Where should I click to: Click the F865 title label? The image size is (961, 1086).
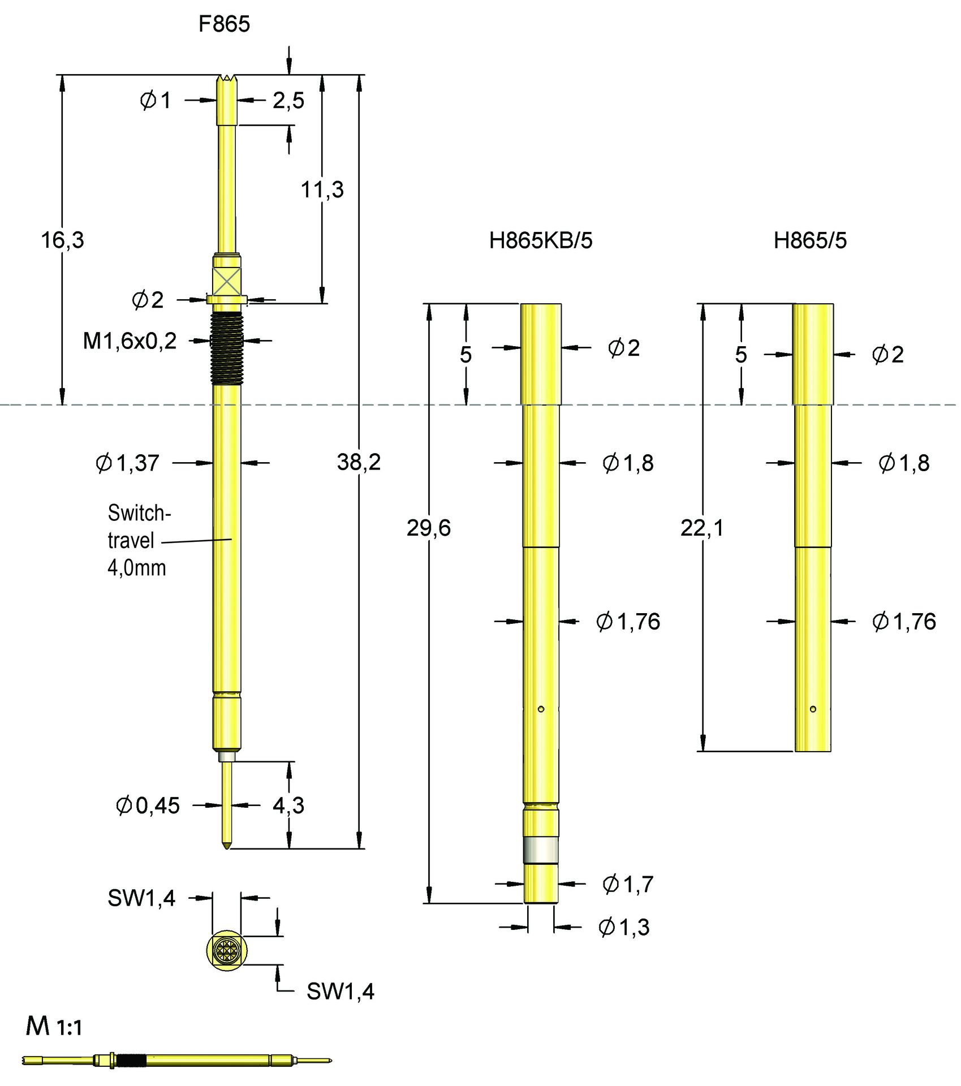click(224, 24)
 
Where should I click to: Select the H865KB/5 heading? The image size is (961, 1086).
click(540, 240)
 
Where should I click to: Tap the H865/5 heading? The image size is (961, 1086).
click(809, 240)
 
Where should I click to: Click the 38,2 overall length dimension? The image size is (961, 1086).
click(359, 462)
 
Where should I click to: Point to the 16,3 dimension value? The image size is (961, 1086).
click(62, 240)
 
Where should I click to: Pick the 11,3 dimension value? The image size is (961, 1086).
click(322, 189)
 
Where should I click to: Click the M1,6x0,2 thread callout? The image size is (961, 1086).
click(130, 341)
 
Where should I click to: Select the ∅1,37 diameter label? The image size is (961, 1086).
click(127, 463)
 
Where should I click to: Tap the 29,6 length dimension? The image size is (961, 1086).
click(429, 528)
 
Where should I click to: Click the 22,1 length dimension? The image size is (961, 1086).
click(702, 528)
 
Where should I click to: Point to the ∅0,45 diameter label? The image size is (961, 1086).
click(147, 805)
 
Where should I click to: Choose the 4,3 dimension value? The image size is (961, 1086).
click(288, 805)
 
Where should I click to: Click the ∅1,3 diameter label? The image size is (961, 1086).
click(624, 926)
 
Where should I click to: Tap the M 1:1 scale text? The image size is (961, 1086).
click(54, 1027)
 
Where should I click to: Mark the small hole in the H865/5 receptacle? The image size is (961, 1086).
click(813, 709)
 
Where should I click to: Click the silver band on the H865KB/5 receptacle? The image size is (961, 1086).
click(541, 851)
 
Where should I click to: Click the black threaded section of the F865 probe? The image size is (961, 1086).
click(227, 349)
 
